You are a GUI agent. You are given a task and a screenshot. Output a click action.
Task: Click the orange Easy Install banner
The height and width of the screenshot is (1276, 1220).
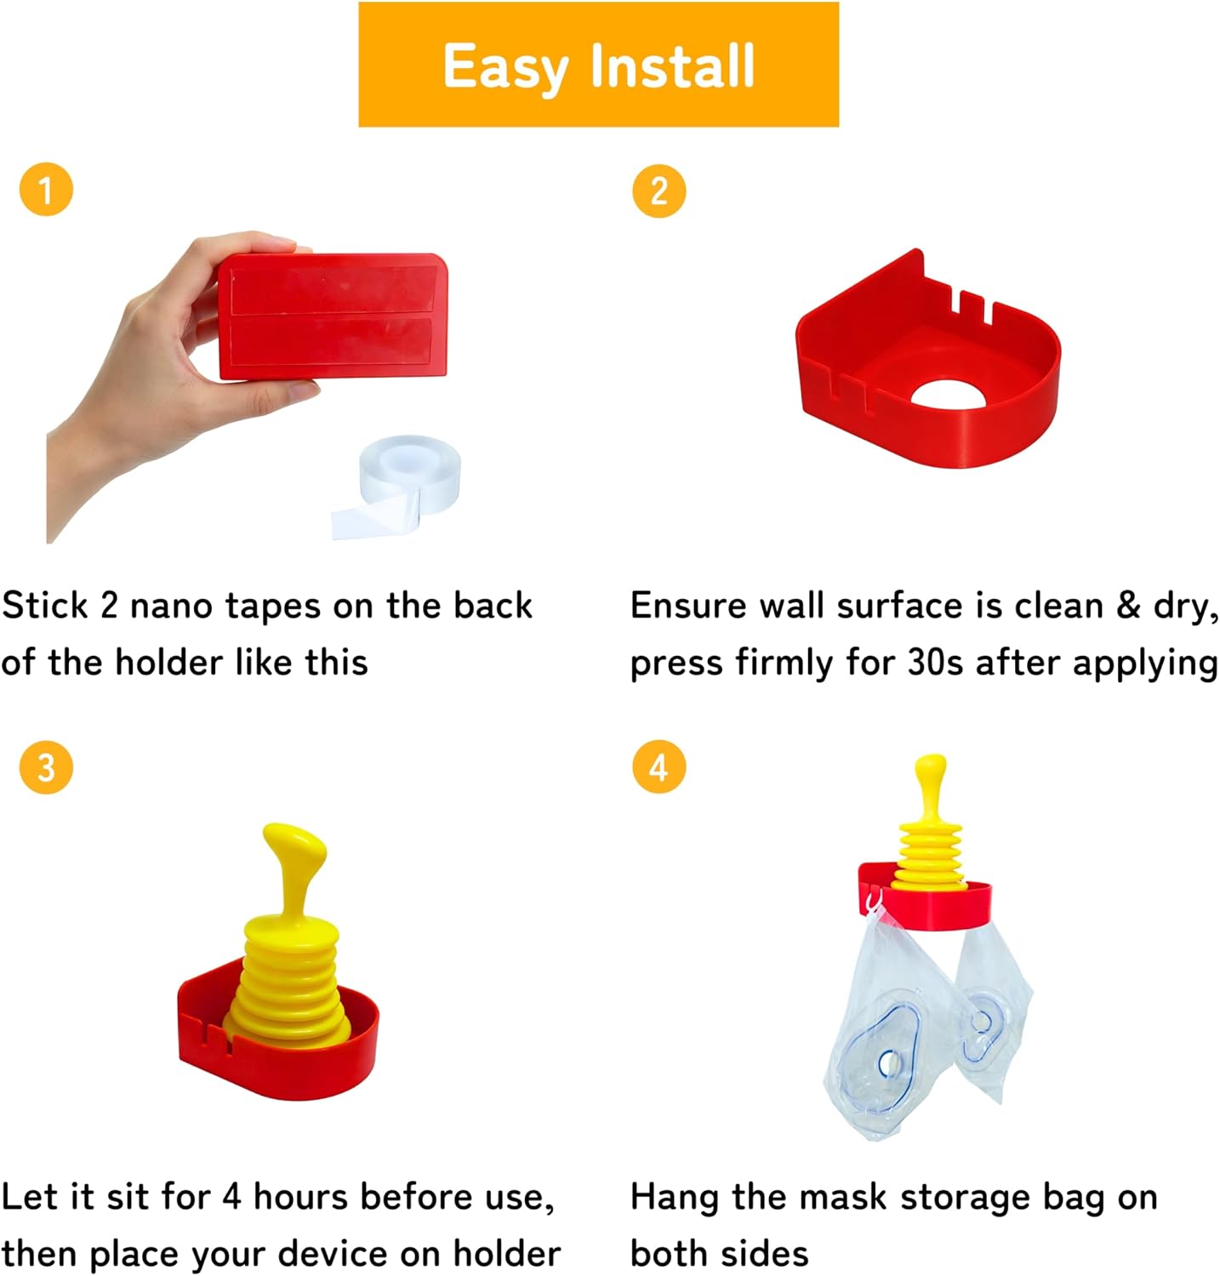tap(598, 65)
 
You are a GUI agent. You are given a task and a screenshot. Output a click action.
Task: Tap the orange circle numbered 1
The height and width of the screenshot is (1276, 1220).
tap(46, 189)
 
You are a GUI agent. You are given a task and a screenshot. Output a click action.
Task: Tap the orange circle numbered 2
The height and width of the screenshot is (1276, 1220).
tap(658, 190)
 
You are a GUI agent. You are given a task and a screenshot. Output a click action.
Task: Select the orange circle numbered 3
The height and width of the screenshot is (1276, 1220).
tap(46, 766)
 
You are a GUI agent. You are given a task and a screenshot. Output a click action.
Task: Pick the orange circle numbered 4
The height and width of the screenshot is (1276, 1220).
tap(658, 766)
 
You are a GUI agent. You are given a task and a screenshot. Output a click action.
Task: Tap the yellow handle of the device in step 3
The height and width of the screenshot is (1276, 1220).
tap(294, 868)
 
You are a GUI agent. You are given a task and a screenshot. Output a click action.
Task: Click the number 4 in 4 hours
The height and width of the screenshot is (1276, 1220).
tap(231, 1197)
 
